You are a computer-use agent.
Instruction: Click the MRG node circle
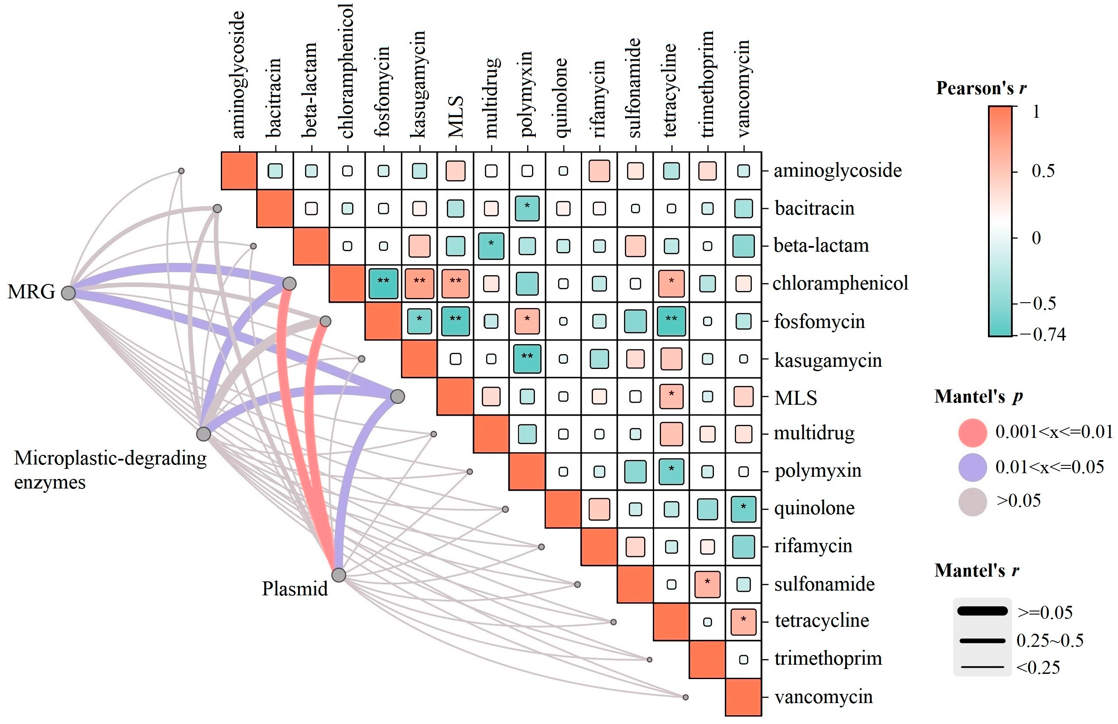pos(69,293)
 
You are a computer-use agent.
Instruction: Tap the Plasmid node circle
pos(339,575)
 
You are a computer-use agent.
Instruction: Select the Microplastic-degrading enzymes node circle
pos(203,434)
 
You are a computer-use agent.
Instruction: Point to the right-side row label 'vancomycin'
pos(823,697)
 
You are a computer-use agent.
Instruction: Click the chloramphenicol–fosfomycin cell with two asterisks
pos(383,283)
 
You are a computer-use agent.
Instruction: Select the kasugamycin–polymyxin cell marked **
pos(527,359)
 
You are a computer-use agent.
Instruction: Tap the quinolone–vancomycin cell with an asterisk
pos(743,509)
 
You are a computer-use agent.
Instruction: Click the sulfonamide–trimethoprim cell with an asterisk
pos(707,584)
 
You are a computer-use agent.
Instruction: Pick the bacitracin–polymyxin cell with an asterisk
pos(527,208)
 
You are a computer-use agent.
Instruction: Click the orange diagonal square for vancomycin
pos(743,697)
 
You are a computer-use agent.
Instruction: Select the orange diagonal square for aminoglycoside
pos(239,171)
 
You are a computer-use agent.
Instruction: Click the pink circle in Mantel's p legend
pos(972,432)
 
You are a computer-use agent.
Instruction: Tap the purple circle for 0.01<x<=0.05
pos(972,467)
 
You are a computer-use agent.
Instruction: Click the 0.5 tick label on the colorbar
pos(1043,171)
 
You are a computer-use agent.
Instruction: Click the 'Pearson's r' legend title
pos(981,88)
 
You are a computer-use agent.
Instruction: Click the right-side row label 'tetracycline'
pos(822,621)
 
